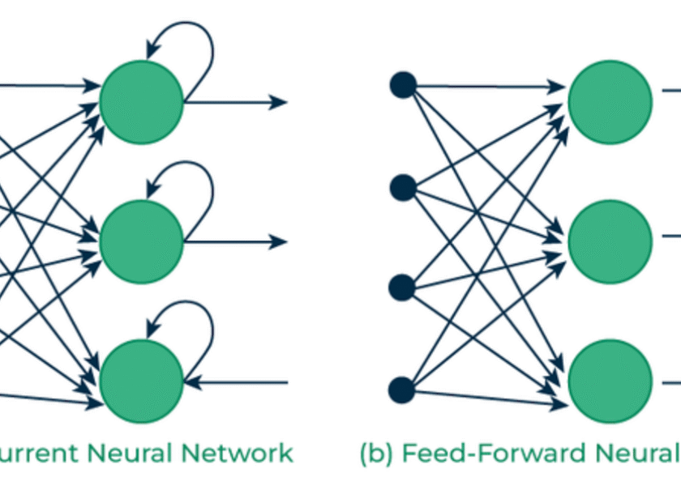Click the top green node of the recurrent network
(141, 102)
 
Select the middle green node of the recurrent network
(141, 241)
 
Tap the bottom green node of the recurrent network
(141, 382)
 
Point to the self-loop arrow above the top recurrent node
(195, 40)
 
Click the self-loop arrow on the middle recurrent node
(195, 180)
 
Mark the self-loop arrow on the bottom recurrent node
(195, 319)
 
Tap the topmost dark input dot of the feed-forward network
(403, 84)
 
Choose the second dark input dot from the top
(403, 188)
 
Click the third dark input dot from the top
(403, 288)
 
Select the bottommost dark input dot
(403, 390)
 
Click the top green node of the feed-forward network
(610, 102)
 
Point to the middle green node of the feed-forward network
(610, 241)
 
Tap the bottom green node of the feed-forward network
(610, 382)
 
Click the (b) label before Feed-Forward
(375, 452)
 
